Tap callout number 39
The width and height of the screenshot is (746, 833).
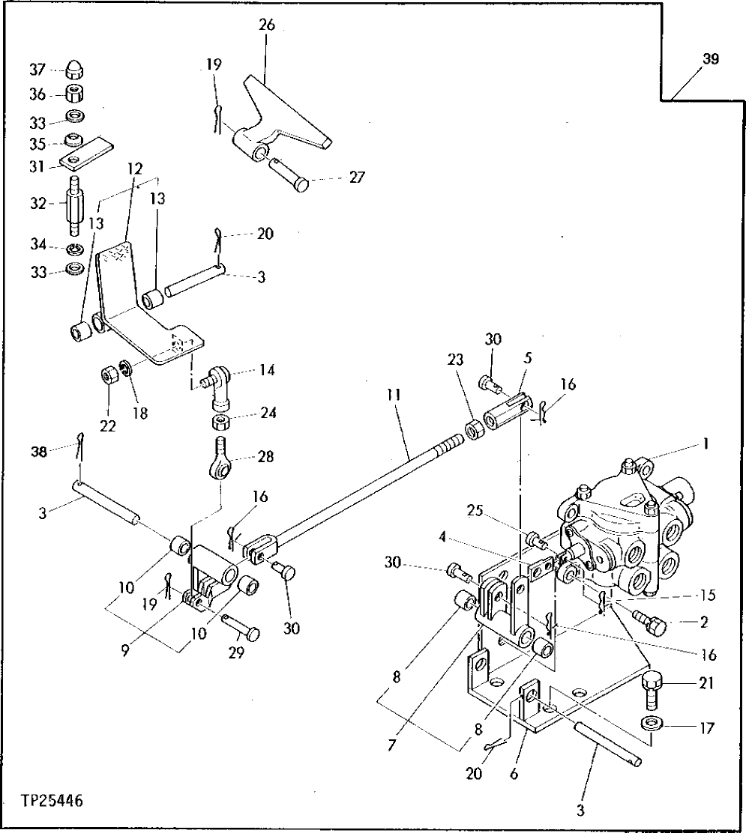pyautogui.click(x=711, y=61)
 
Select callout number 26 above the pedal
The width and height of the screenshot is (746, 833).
pyautogui.click(x=266, y=25)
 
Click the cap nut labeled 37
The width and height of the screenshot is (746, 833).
pyautogui.click(x=74, y=71)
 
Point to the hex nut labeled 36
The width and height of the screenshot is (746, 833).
pyautogui.click(x=74, y=94)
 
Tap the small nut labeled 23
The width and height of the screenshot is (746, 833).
pyautogui.click(x=474, y=433)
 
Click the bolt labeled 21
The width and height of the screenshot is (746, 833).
pyautogui.click(x=651, y=691)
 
